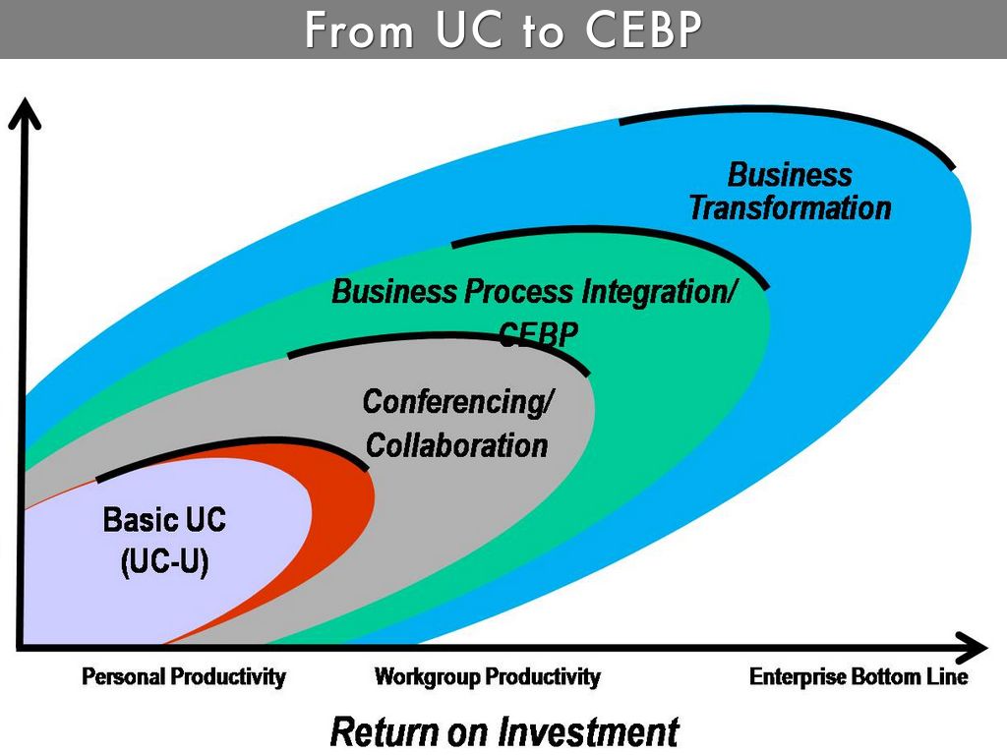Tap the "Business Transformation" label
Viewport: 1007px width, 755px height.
pyautogui.click(x=790, y=192)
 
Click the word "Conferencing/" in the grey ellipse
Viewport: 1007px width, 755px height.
pyautogui.click(x=458, y=401)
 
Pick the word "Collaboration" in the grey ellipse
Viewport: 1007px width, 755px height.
pyautogui.click(x=456, y=445)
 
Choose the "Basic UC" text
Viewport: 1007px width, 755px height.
pyautogui.click(x=164, y=519)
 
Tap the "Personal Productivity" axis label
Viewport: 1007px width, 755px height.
pyautogui.click(x=184, y=677)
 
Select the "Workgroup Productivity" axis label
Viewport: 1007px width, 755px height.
pyautogui.click(x=487, y=677)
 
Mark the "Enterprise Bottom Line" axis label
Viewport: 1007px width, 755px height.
pyautogui.click(x=859, y=677)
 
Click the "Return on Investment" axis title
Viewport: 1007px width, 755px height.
pyautogui.click(x=503, y=731)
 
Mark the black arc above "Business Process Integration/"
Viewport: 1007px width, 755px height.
pyautogui.click(x=610, y=236)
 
